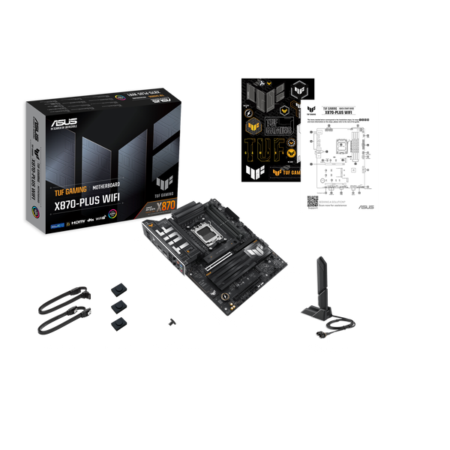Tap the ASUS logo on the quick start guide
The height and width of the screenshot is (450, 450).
(366, 206)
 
